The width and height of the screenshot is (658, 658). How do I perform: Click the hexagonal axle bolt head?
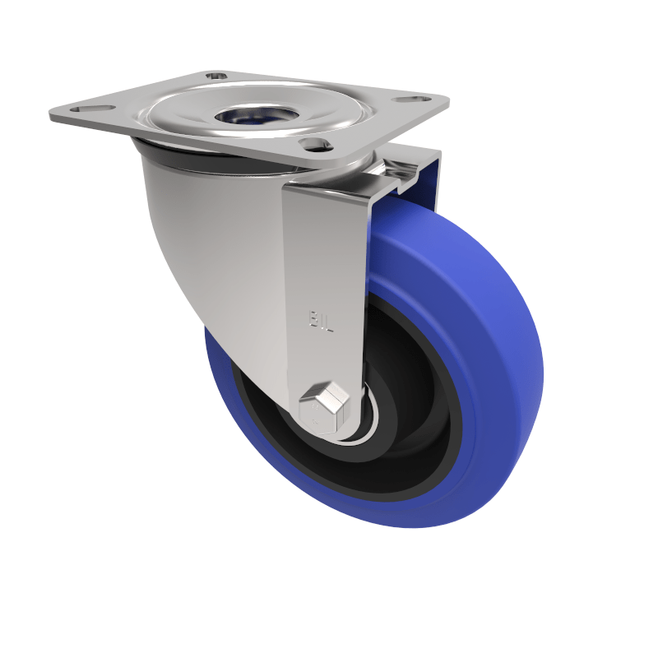[323, 406]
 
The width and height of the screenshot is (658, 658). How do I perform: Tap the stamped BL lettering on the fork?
[322, 319]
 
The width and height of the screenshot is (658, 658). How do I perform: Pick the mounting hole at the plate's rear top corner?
[216, 76]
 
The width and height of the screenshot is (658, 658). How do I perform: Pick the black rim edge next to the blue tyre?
[457, 428]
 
